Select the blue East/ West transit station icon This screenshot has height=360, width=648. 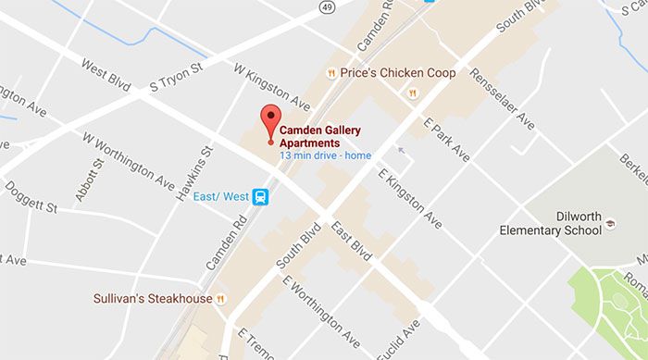click(262, 196)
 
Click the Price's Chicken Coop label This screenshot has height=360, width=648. click(398, 72)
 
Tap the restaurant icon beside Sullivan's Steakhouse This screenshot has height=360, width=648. click(220, 299)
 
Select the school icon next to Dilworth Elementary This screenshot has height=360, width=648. click(610, 224)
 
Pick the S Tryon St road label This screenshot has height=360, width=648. click(176, 78)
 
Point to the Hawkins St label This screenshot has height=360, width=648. click(202, 172)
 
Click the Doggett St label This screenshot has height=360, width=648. click(31, 196)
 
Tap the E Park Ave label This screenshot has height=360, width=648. click(447, 139)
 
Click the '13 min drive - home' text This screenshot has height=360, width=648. click(325, 155)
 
